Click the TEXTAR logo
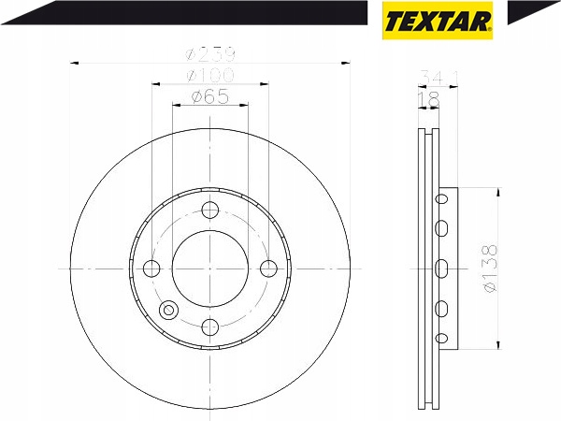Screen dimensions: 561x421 click(x=438, y=21)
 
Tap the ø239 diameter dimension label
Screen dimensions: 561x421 click(x=210, y=54)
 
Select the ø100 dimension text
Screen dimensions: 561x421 click(x=210, y=75)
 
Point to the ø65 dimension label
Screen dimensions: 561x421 click(x=210, y=96)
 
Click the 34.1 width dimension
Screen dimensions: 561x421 click(x=439, y=78)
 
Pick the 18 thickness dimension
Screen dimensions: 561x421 click(x=428, y=99)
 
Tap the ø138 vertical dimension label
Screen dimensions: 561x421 click(x=490, y=269)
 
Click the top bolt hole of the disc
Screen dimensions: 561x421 click(x=210, y=210)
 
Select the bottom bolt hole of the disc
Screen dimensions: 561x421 click(x=210, y=327)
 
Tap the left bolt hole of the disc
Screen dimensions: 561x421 click(x=151, y=269)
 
